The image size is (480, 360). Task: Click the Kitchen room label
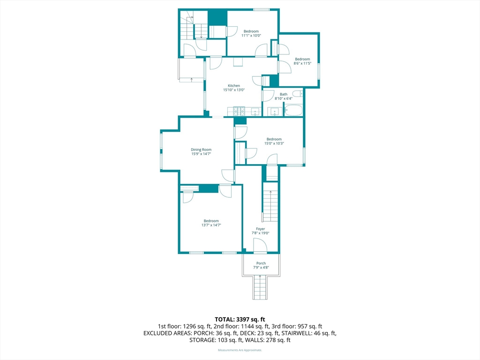(x=234, y=86)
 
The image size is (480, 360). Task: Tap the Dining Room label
(x=201, y=150)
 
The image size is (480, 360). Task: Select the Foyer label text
(x=261, y=229)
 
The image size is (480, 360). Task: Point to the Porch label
(x=261, y=263)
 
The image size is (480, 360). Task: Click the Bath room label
(x=284, y=94)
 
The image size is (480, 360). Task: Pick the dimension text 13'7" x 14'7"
(x=211, y=225)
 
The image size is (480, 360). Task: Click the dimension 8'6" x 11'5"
(x=302, y=63)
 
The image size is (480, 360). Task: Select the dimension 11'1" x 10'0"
(x=251, y=36)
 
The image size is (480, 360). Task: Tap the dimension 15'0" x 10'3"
(x=274, y=143)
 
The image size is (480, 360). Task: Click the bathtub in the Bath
(x=293, y=111)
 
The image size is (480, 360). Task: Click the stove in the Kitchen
(x=239, y=111)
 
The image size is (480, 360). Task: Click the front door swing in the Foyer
(x=260, y=246)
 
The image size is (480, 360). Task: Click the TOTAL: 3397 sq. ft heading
(x=240, y=320)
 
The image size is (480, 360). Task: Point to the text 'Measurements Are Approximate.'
(x=240, y=350)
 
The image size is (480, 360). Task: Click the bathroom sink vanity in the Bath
(x=275, y=112)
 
